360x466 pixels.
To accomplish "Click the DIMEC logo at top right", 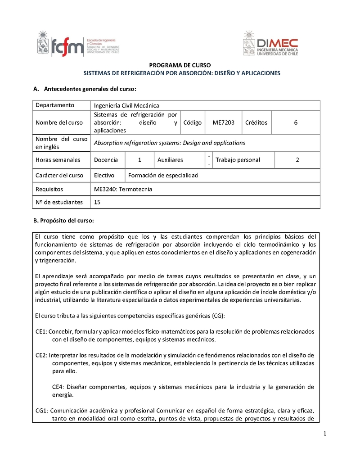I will point(270,43).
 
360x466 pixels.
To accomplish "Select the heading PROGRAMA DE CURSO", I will point(180,65).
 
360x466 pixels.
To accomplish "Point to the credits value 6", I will point(296,122).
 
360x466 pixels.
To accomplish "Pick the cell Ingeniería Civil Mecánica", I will point(126,105).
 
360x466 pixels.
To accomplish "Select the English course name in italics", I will point(169,143).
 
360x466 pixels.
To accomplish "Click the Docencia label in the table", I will point(106,160).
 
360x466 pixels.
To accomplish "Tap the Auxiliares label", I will point(170,160).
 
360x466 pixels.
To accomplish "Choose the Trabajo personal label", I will point(238,160).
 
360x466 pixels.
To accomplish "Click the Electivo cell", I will point(104,176).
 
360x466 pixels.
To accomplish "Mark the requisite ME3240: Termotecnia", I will point(123,190).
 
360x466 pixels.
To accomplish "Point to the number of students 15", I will point(97,203).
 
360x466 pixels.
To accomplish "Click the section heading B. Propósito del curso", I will point(63,221).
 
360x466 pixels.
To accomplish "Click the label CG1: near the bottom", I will point(42,411).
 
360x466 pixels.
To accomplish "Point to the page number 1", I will point(324,434).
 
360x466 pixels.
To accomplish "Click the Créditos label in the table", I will point(256,122).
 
